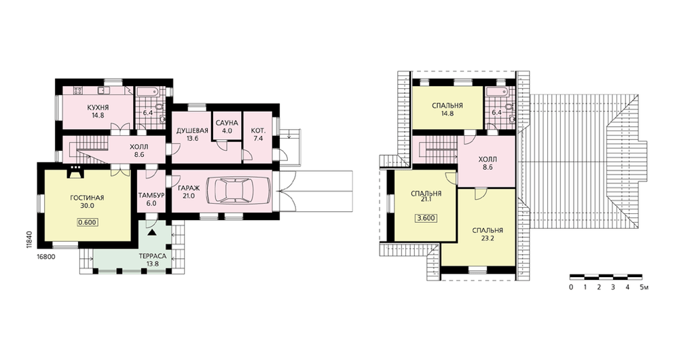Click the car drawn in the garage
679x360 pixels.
pos(238,190)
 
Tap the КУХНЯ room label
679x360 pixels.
pos(98,107)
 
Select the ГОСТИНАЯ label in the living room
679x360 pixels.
pos(87,198)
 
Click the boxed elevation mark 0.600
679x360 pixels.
pos(87,223)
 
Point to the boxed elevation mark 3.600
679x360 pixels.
pos(426,218)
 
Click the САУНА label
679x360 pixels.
pos(227,123)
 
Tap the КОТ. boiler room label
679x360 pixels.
pos(259,130)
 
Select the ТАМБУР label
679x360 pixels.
pos(151,196)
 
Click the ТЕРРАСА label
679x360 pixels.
pos(153,256)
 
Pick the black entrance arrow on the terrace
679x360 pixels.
pos(151,232)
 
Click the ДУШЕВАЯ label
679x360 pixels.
pos(192,130)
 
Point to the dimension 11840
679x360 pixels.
pos(29,239)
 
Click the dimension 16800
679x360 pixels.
pos(46,257)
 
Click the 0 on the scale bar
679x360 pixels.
pos(571,287)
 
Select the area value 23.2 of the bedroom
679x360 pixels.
pos(487,238)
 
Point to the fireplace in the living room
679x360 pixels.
pos(76,172)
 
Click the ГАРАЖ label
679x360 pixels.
pos(188,188)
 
